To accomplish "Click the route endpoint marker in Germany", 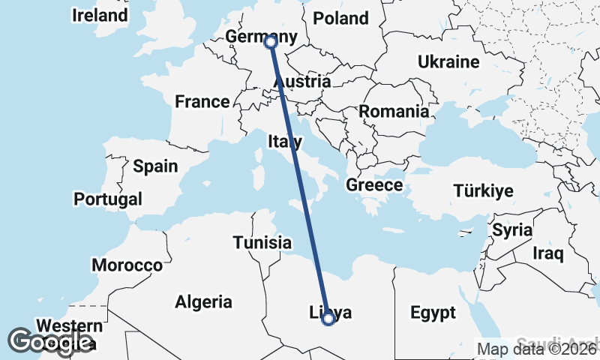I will (x=271, y=42).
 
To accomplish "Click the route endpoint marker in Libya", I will (x=328, y=319).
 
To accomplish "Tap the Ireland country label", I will (x=100, y=15).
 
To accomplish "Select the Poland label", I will (x=341, y=18).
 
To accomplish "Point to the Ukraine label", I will (x=448, y=61).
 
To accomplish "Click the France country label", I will (x=202, y=101).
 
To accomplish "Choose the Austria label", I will (x=303, y=81).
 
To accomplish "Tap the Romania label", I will (x=394, y=111).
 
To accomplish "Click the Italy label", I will (x=285, y=141).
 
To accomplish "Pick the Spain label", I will (x=155, y=166).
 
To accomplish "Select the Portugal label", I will (x=107, y=199).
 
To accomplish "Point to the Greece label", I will (x=374, y=184).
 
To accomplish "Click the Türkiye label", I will (x=483, y=190).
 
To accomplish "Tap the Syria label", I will (x=512, y=230).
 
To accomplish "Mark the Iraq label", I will (x=547, y=253).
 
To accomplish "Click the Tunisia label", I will (x=262, y=242).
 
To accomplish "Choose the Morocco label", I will (x=127, y=265).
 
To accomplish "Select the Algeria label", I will (x=203, y=302).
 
